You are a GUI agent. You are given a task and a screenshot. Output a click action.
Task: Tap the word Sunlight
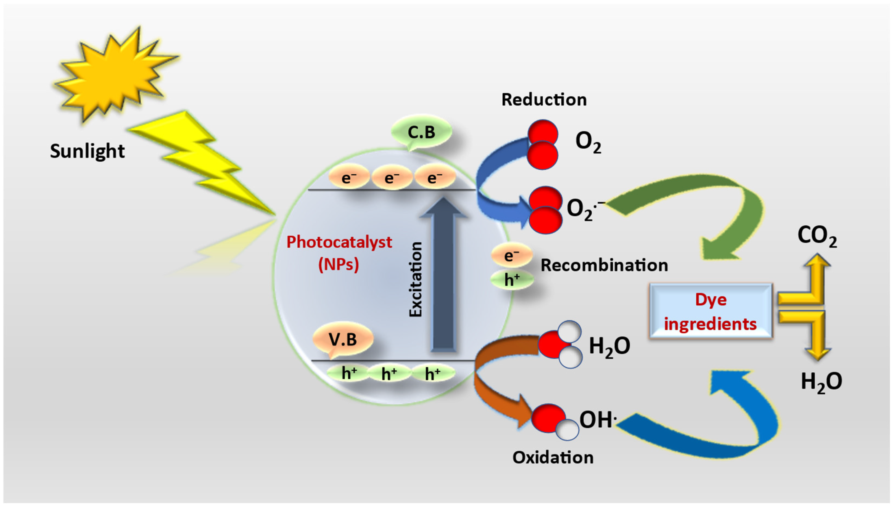coord(87,151)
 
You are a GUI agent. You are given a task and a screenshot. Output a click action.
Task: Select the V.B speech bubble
coord(343,339)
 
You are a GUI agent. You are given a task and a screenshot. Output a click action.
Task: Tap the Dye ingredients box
coord(711,311)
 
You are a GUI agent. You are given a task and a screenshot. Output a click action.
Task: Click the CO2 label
coord(817,236)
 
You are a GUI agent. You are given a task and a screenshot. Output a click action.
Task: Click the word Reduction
coord(544,100)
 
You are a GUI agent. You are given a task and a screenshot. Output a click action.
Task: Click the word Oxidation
coord(553,457)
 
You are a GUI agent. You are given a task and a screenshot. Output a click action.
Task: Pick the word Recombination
coord(604,265)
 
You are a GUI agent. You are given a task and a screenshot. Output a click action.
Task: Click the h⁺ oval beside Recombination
coord(512,280)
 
